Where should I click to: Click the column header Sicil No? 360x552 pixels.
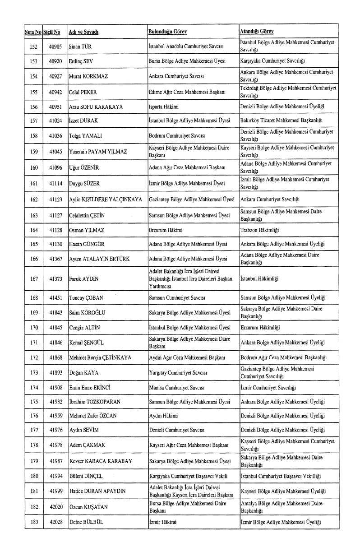coord(53,32)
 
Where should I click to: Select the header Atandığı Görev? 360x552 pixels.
coord(257,32)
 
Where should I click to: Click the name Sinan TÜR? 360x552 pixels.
coord(80,46)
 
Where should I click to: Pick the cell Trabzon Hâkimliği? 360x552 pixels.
coord(260,230)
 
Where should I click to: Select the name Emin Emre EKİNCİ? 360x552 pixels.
coord(90,388)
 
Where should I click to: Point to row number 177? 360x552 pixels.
coord(33,430)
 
